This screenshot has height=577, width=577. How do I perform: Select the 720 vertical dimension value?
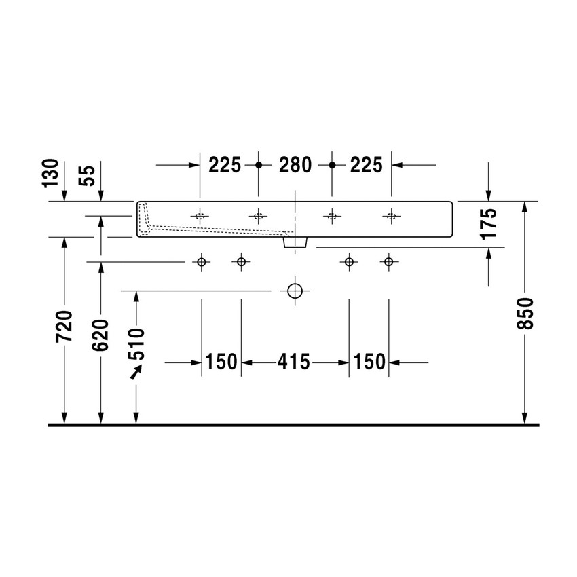click(64, 327)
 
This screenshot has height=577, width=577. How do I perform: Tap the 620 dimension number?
click(101, 334)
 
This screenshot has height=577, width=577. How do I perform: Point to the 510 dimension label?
click(136, 343)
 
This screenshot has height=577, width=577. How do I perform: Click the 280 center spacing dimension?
click(295, 165)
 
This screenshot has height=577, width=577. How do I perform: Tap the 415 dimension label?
click(294, 362)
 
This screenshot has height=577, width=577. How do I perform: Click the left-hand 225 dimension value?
click(225, 165)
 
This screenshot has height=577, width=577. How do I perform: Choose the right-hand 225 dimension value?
click(367, 165)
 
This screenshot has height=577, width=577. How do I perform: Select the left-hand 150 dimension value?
click(221, 362)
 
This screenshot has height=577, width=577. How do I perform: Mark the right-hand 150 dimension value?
click(369, 362)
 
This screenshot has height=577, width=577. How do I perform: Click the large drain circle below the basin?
click(295, 291)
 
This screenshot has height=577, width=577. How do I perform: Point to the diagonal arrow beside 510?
click(137, 371)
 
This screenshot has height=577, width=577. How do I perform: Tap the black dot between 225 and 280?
click(258, 165)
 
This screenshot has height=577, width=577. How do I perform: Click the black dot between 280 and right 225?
click(332, 165)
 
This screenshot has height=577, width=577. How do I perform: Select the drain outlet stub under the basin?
click(295, 240)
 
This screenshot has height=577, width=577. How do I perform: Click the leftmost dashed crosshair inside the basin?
click(200, 217)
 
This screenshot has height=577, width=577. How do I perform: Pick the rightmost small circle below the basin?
click(388, 261)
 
